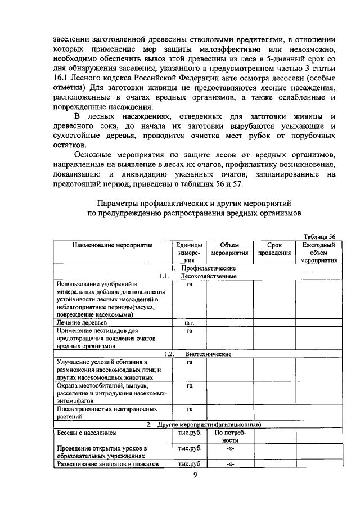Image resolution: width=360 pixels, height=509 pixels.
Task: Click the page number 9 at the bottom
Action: tap(195, 476)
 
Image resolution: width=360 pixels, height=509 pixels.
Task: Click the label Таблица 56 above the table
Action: tap(319, 236)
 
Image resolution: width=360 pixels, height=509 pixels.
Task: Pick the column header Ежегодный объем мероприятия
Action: tap(318, 253)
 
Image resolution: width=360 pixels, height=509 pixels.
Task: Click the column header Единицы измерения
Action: tap(189, 253)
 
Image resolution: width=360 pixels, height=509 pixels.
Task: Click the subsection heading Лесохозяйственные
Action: tap(208, 276)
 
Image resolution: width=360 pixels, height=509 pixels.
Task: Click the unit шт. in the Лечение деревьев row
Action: tap(189, 323)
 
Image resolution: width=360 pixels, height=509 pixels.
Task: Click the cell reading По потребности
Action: tap(230, 436)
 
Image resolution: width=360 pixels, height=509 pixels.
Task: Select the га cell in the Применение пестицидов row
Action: tap(189, 331)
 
